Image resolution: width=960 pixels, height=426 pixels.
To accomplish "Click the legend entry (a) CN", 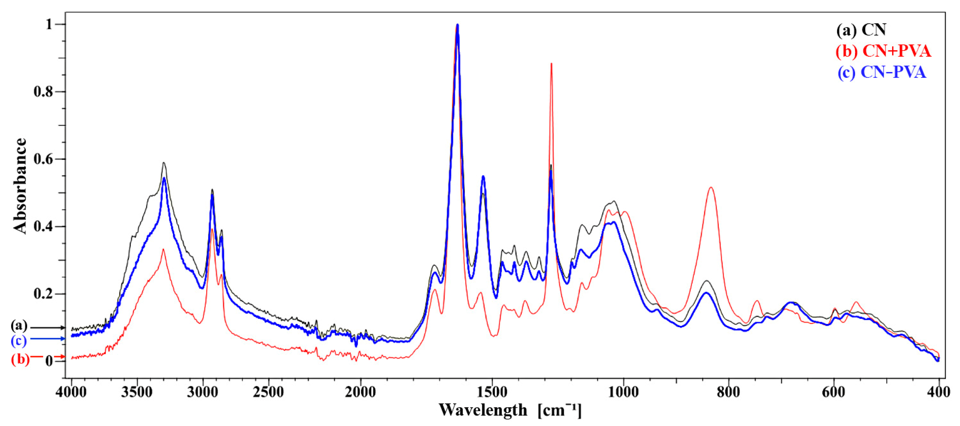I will (x=861, y=30).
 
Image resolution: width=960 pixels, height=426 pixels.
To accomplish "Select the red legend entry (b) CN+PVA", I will (x=883, y=51).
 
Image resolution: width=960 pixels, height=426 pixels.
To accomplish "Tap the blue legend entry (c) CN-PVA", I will (x=882, y=72).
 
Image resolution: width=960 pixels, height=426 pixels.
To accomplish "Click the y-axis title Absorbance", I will (x=20, y=185).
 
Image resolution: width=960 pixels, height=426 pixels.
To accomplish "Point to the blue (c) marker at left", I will (x=19, y=340).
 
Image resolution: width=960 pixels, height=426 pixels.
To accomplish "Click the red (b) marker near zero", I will (x=20, y=359).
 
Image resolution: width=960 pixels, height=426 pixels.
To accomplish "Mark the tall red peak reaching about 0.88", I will (x=551, y=64).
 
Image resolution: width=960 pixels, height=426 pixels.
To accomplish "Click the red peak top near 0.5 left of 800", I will (x=711, y=188).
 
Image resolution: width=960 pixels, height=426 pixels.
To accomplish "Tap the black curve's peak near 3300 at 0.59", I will (x=163, y=163).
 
